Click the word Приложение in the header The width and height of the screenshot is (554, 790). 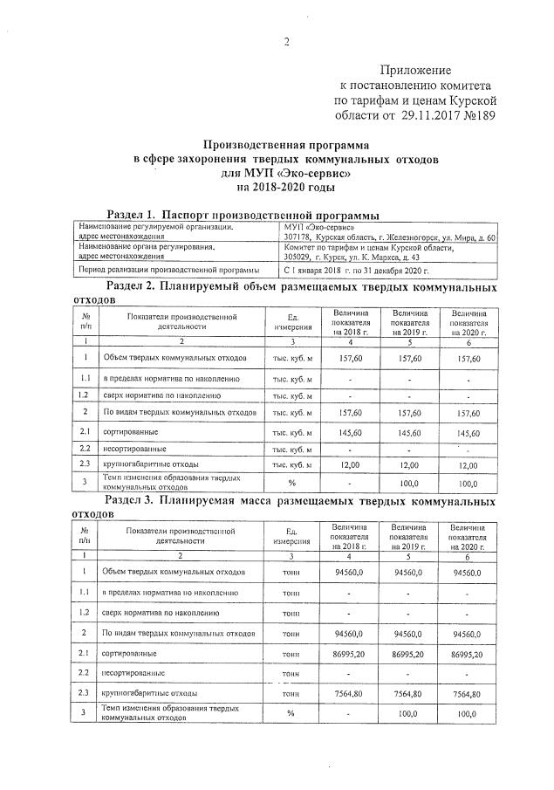coord(416,70)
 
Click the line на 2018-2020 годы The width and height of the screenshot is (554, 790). coord(285,187)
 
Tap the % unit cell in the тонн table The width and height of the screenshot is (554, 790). coord(291,713)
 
